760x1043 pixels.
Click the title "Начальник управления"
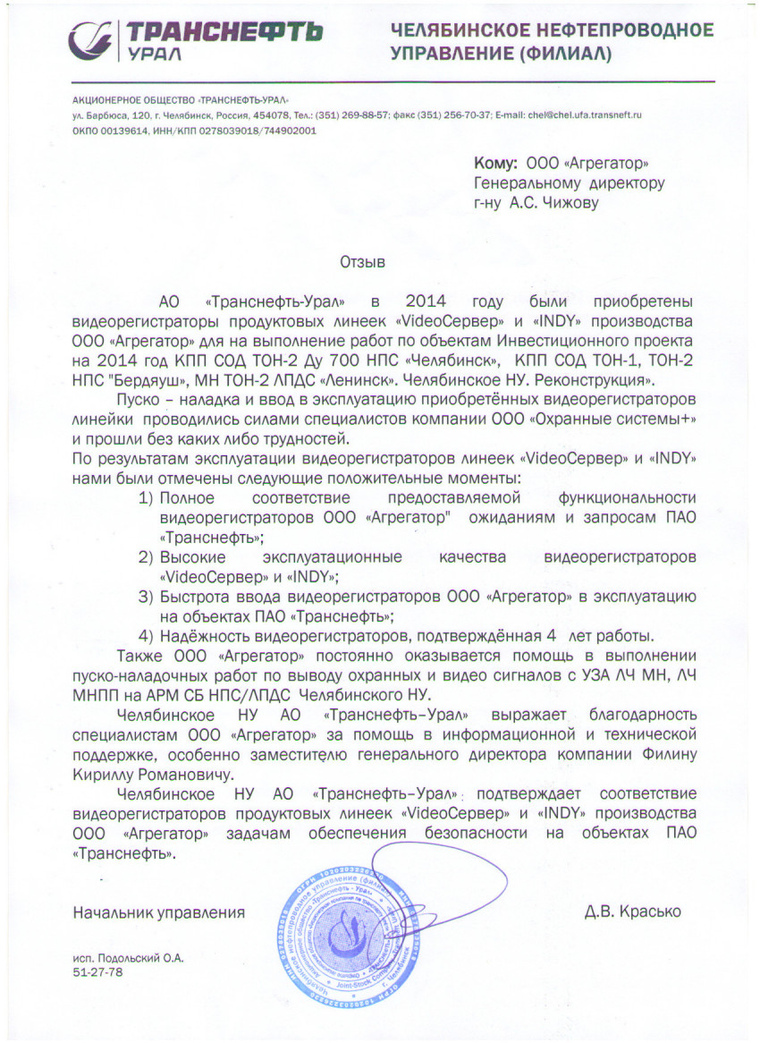(158, 912)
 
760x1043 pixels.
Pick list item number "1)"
(147, 496)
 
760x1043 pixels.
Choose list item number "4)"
(147, 636)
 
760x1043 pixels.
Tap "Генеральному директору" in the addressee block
(569, 183)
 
